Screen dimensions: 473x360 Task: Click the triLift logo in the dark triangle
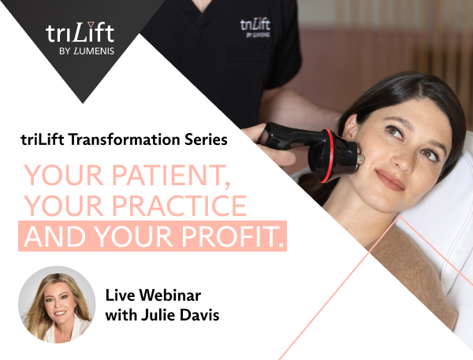(x=80, y=33)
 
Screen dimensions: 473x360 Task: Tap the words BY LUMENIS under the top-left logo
(x=87, y=51)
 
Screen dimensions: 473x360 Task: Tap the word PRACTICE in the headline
(x=180, y=206)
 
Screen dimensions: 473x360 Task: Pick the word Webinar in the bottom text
(x=171, y=295)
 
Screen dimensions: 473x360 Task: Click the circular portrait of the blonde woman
(x=57, y=305)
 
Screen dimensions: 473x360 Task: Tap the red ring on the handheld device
(x=330, y=156)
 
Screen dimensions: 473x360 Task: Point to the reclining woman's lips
(x=389, y=180)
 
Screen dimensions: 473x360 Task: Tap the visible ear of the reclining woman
(x=350, y=128)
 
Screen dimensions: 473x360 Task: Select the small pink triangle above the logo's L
(x=90, y=24)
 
